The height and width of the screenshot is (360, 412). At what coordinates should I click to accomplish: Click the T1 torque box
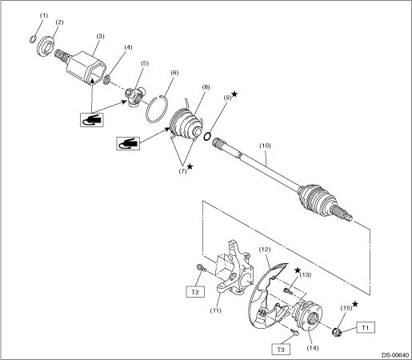pos(366,327)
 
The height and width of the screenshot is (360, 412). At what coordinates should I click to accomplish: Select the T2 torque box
pos(195,292)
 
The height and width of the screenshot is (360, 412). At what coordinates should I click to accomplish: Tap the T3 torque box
pos(281,350)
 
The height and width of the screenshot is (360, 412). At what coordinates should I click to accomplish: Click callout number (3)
pos(100,36)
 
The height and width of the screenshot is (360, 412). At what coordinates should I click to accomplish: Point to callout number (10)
pos(265,146)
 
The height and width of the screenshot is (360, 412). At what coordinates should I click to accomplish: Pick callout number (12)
pos(265,250)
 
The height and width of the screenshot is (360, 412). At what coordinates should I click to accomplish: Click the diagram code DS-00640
pos(395,355)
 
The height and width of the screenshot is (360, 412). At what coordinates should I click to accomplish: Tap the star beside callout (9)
pos(234,94)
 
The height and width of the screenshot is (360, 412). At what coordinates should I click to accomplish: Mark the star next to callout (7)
pos(190,166)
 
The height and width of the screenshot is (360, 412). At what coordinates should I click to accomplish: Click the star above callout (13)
pos(298,270)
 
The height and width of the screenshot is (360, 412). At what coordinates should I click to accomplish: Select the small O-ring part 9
pos(207,137)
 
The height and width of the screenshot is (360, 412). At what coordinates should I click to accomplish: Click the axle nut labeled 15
pos(338,332)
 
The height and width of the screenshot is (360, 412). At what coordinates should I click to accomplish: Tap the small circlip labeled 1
pos(32,39)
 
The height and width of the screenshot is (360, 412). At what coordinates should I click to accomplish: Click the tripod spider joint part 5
pos(135,97)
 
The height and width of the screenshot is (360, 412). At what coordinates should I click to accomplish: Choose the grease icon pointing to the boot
pos(128,143)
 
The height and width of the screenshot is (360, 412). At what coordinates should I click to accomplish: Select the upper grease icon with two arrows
pos(92,120)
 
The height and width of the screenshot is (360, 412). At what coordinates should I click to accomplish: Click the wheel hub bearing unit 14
pos(307,315)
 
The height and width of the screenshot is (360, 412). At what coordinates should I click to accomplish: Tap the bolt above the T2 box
pos(202,268)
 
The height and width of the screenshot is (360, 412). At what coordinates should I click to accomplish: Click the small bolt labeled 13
pos(288,291)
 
